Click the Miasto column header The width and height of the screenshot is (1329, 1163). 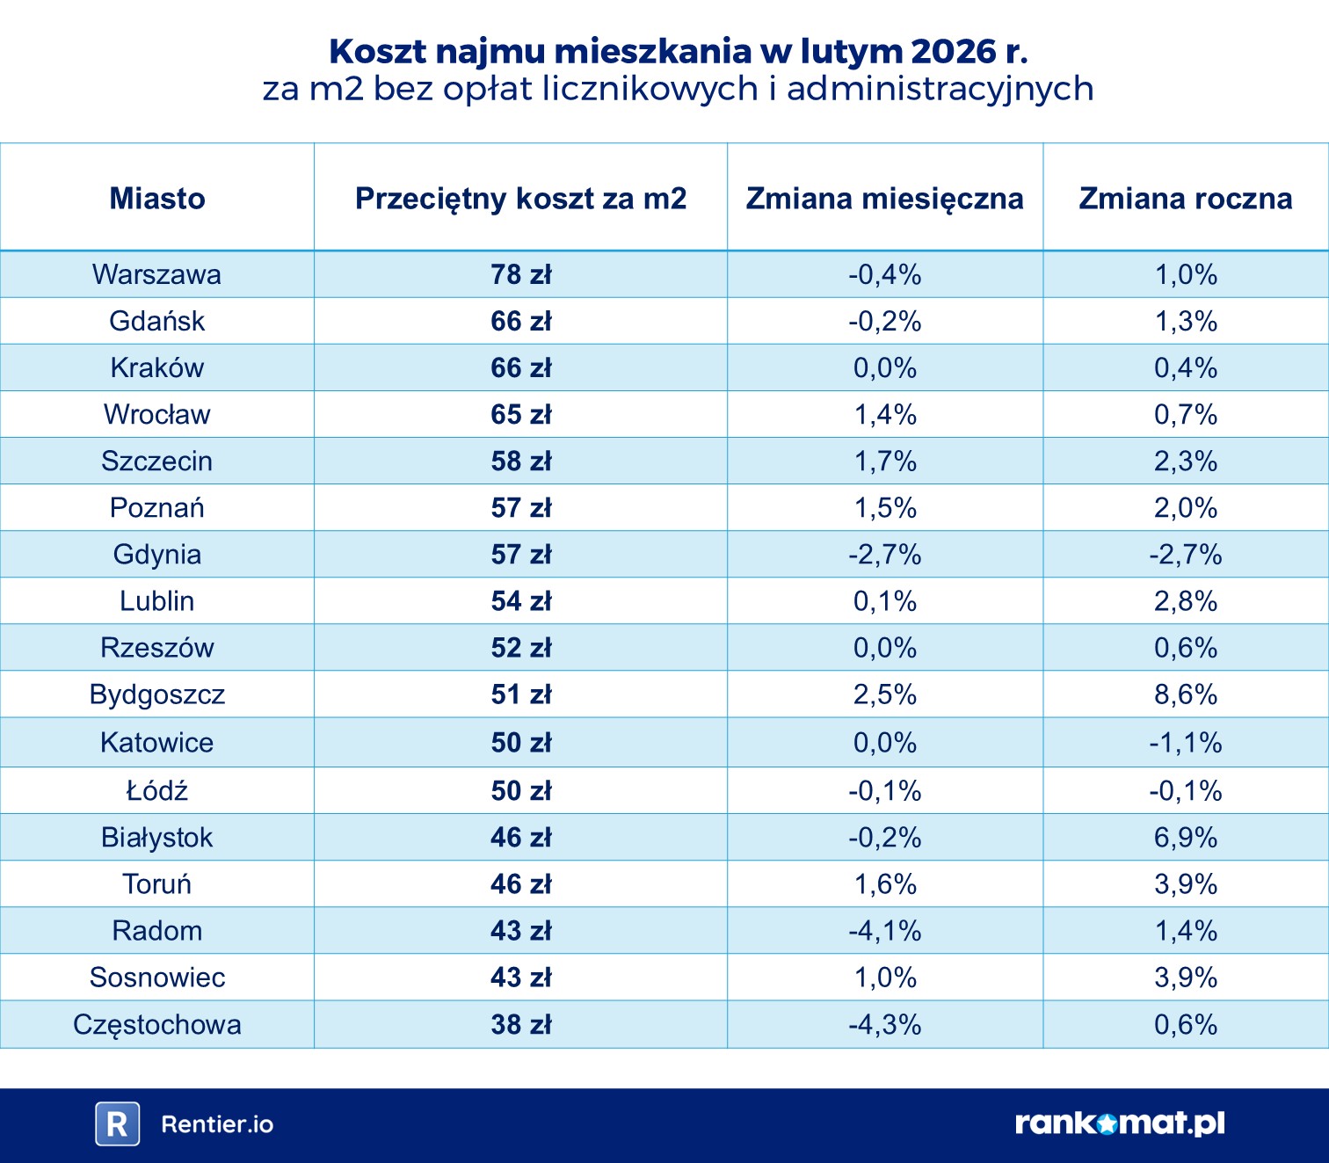pos(157,199)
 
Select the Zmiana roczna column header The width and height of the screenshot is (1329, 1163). pos(1185,199)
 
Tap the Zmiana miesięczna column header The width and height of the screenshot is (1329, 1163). pos(884,199)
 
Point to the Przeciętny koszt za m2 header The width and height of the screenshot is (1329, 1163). pos(520,199)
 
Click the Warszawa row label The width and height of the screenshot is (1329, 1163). pos(157,274)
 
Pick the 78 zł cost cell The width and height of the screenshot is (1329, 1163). pos(520,274)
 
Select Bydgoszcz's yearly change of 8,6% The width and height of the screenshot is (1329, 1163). pos(1185,694)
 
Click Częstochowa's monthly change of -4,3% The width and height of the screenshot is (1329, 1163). pos(884,1024)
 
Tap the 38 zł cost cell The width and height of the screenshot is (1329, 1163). pos(520,1024)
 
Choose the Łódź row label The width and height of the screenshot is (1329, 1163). pos(157,790)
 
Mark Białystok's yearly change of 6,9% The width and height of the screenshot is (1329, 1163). pos(1185,837)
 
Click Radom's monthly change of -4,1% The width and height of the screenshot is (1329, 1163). pos(884,930)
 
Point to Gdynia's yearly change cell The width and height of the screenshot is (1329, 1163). pos(1185,555)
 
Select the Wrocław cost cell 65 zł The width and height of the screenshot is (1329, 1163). pos(520,414)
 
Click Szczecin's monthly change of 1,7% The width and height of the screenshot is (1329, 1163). pos(884,461)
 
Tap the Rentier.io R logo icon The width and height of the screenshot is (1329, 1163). pos(118,1123)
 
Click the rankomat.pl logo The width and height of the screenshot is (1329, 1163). pos(1119,1123)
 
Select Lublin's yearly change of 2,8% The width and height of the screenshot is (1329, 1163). pos(1185,601)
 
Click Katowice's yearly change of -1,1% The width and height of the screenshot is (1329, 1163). pos(1185,743)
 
